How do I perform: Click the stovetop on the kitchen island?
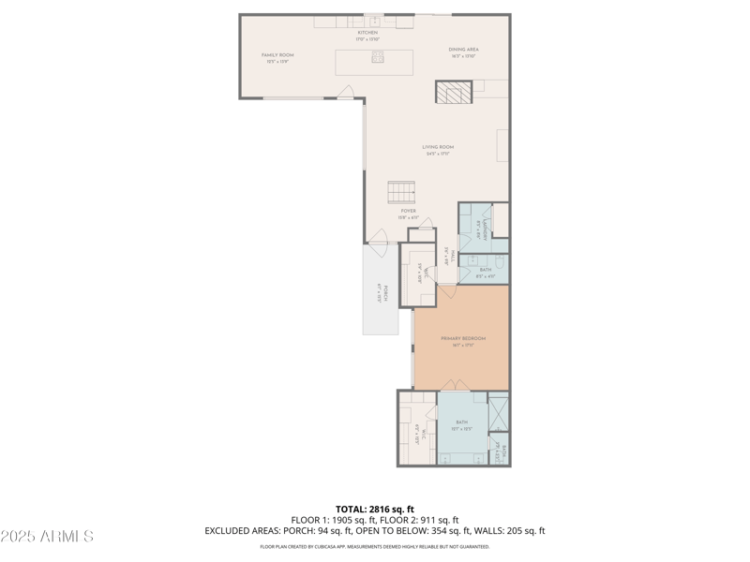pyautogui.click(x=378, y=58)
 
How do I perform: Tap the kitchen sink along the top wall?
pyautogui.click(x=374, y=21)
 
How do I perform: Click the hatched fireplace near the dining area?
pyautogui.click(x=454, y=92)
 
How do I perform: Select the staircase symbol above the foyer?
pyautogui.click(x=401, y=192)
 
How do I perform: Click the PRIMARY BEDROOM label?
pyautogui.click(x=463, y=341)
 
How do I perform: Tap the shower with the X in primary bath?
pyautogui.click(x=499, y=415)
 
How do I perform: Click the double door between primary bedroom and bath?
pyautogui.click(x=454, y=386)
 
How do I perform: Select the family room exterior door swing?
pyautogui.click(x=346, y=93)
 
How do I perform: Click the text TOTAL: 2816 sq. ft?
pyautogui.click(x=374, y=510)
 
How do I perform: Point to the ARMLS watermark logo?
pyautogui.click(x=47, y=537)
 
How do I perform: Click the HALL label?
pyautogui.click(x=449, y=255)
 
